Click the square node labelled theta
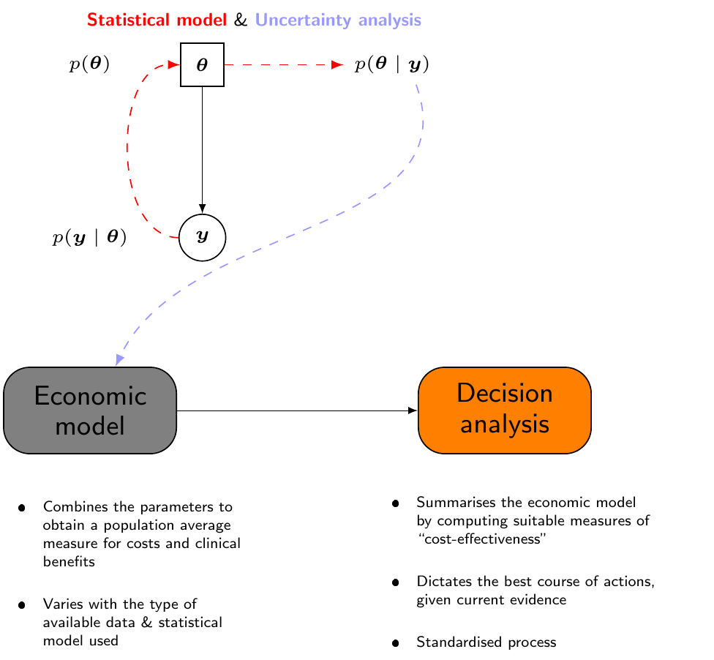202,65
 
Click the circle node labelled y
202,237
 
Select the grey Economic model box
90,410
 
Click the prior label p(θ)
89,65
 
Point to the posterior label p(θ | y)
391,65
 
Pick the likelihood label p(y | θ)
89,237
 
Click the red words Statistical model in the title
157,20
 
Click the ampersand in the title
241,20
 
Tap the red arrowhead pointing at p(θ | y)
337,65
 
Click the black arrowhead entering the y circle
202,209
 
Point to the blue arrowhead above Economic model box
119,359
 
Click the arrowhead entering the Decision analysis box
412,410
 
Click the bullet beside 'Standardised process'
396,643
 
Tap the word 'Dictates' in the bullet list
441,582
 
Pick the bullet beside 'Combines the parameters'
23,507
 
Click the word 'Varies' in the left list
61,604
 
